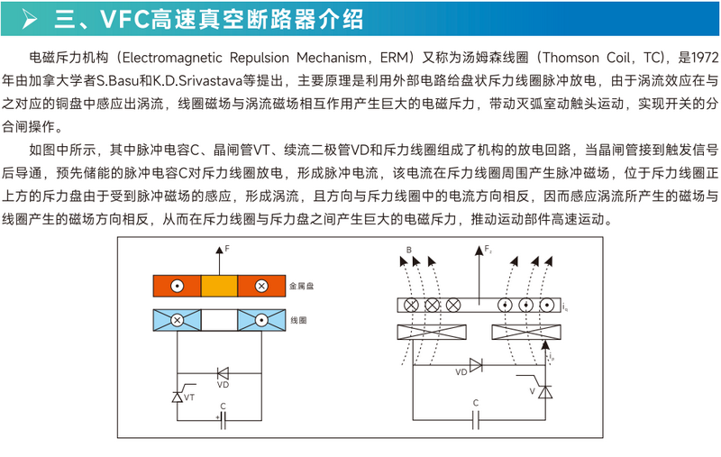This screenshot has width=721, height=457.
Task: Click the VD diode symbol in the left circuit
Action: coord(222,371)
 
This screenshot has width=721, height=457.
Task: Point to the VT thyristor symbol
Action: coord(177,396)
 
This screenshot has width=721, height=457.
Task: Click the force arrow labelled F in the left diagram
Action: coord(216,260)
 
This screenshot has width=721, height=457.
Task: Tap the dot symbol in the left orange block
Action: coord(178,288)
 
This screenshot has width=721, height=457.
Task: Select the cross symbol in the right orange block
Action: coord(260,288)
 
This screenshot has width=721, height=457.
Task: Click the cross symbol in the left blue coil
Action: coord(178,320)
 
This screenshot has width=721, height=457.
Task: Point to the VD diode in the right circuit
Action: coord(475,364)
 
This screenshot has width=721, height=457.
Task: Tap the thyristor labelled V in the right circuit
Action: coord(544,389)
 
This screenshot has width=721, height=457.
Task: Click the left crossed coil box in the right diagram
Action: coord(431,332)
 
